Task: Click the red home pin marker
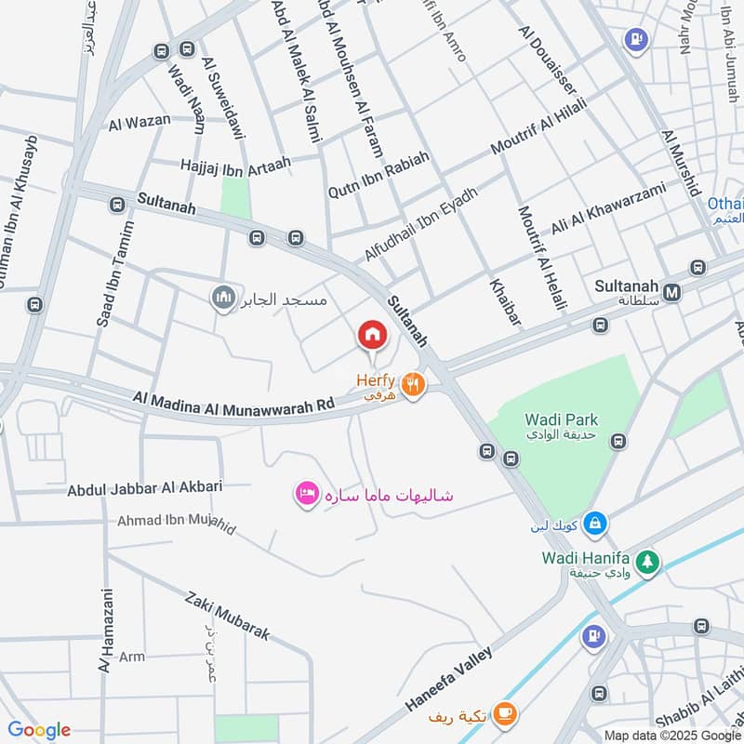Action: [372, 335]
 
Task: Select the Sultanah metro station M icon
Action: [673, 292]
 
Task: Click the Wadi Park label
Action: [561, 420]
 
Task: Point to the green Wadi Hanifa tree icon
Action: [648, 562]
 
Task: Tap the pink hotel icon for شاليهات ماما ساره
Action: [306, 494]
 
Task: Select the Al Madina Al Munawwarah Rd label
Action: [233, 402]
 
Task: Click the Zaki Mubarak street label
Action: [227, 617]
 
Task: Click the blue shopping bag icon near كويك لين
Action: [596, 525]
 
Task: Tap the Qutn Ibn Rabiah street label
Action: [379, 174]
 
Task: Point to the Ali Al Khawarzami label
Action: [608, 208]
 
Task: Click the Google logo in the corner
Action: [39, 730]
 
